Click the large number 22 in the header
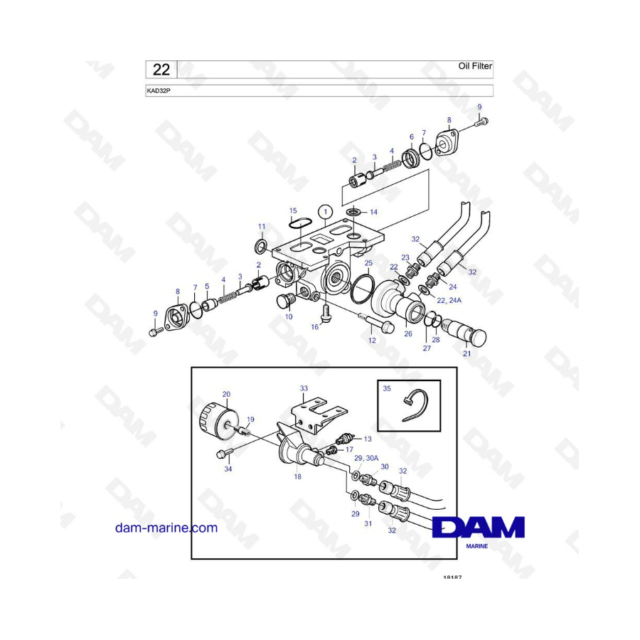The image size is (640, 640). [x=161, y=69]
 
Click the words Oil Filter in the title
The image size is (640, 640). [x=475, y=66]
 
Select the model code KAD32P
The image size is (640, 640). [x=159, y=91]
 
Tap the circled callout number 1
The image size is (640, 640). [x=325, y=211]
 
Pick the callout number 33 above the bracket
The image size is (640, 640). [x=304, y=388]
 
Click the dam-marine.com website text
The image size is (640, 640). [x=166, y=528]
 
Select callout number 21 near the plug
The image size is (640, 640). [x=466, y=354]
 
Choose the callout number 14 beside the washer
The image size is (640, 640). [x=373, y=212]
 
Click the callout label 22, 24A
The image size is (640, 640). [x=449, y=301]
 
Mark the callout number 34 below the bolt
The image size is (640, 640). [x=228, y=469]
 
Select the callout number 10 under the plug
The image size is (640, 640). [x=289, y=316]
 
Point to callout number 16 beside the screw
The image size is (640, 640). [x=314, y=327]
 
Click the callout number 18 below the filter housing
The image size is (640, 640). [x=297, y=476]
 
